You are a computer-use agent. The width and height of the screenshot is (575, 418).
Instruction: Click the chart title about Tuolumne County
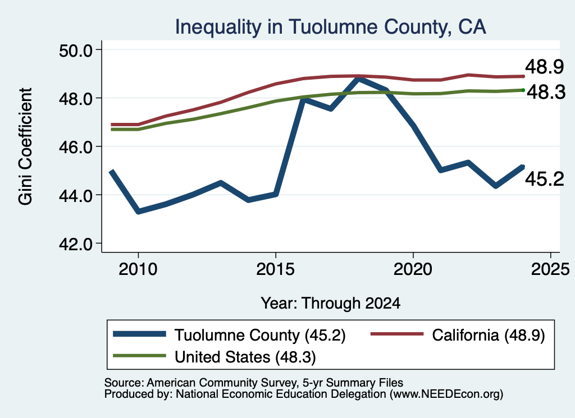click(330, 27)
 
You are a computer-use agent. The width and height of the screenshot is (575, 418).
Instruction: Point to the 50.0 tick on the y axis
click(76, 50)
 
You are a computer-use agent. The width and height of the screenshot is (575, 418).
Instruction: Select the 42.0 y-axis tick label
click(76, 244)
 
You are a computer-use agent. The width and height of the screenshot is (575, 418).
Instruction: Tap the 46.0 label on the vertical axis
click(76, 147)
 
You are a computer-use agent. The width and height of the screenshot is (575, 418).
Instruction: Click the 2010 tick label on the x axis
click(138, 269)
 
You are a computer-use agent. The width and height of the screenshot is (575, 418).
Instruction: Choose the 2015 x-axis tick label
click(275, 269)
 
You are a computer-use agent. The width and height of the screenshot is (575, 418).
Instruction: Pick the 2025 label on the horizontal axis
click(550, 269)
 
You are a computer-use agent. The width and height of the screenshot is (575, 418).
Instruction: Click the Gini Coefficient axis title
click(25, 146)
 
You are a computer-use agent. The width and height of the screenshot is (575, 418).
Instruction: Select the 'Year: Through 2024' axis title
click(330, 304)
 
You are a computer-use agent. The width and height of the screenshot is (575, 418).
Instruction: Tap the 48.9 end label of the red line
click(544, 67)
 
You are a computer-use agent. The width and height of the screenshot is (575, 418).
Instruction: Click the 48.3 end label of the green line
click(546, 92)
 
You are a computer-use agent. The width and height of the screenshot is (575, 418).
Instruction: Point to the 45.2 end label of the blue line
click(544, 179)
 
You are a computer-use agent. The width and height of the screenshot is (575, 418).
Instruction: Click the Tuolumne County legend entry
click(229, 335)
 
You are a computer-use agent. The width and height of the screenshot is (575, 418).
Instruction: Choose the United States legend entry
click(215, 357)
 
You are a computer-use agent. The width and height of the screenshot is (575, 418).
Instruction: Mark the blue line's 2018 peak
click(358, 78)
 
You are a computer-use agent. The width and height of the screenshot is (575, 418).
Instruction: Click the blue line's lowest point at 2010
click(138, 212)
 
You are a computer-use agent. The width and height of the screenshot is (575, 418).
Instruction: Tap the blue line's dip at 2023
click(496, 186)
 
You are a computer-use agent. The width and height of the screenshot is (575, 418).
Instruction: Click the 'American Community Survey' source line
click(254, 383)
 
